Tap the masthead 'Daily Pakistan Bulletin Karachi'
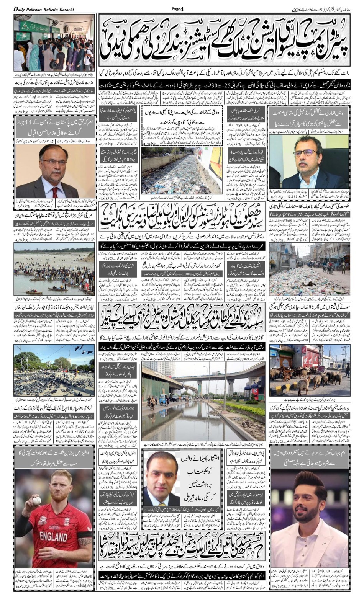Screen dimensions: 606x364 (44, 9)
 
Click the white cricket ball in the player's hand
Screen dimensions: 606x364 (37, 500)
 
